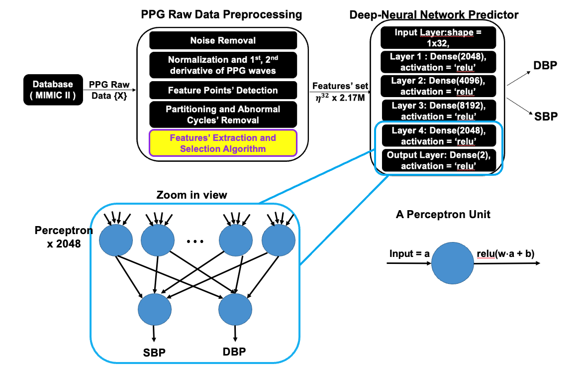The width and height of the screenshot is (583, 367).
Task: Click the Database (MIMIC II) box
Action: [53, 90]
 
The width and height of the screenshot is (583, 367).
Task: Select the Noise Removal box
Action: [223, 40]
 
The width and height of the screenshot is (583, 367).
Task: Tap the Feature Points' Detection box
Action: [223, 90]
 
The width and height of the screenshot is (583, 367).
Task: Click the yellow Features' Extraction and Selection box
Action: [223, 143]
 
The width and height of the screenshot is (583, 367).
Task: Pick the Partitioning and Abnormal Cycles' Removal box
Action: [223, 115]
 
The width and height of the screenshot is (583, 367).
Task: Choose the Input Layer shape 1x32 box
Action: [438, 37]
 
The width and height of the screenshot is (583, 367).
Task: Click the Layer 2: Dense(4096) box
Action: [438, 86]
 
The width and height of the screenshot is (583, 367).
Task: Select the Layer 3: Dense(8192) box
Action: [439, 111]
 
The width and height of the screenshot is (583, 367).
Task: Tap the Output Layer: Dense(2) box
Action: [439, 160]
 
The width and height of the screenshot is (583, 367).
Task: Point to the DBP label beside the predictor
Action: [545, 66]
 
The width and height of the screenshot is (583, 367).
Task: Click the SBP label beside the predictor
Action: [546, 117]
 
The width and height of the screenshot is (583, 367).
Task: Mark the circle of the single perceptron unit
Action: [453, 263]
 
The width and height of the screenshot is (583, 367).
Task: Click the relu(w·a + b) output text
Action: [505, 254]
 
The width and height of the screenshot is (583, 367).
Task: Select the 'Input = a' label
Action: [409, 254]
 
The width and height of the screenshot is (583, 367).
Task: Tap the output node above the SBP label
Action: [155, 309]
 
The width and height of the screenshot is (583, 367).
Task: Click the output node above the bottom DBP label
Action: [235, 309]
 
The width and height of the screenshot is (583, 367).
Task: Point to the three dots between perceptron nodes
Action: [195, 242]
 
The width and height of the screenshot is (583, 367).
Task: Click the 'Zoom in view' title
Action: [192, 195]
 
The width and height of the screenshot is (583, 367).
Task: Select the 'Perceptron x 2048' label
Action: [64, 237]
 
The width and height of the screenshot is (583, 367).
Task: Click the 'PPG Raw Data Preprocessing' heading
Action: [221, 14]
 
